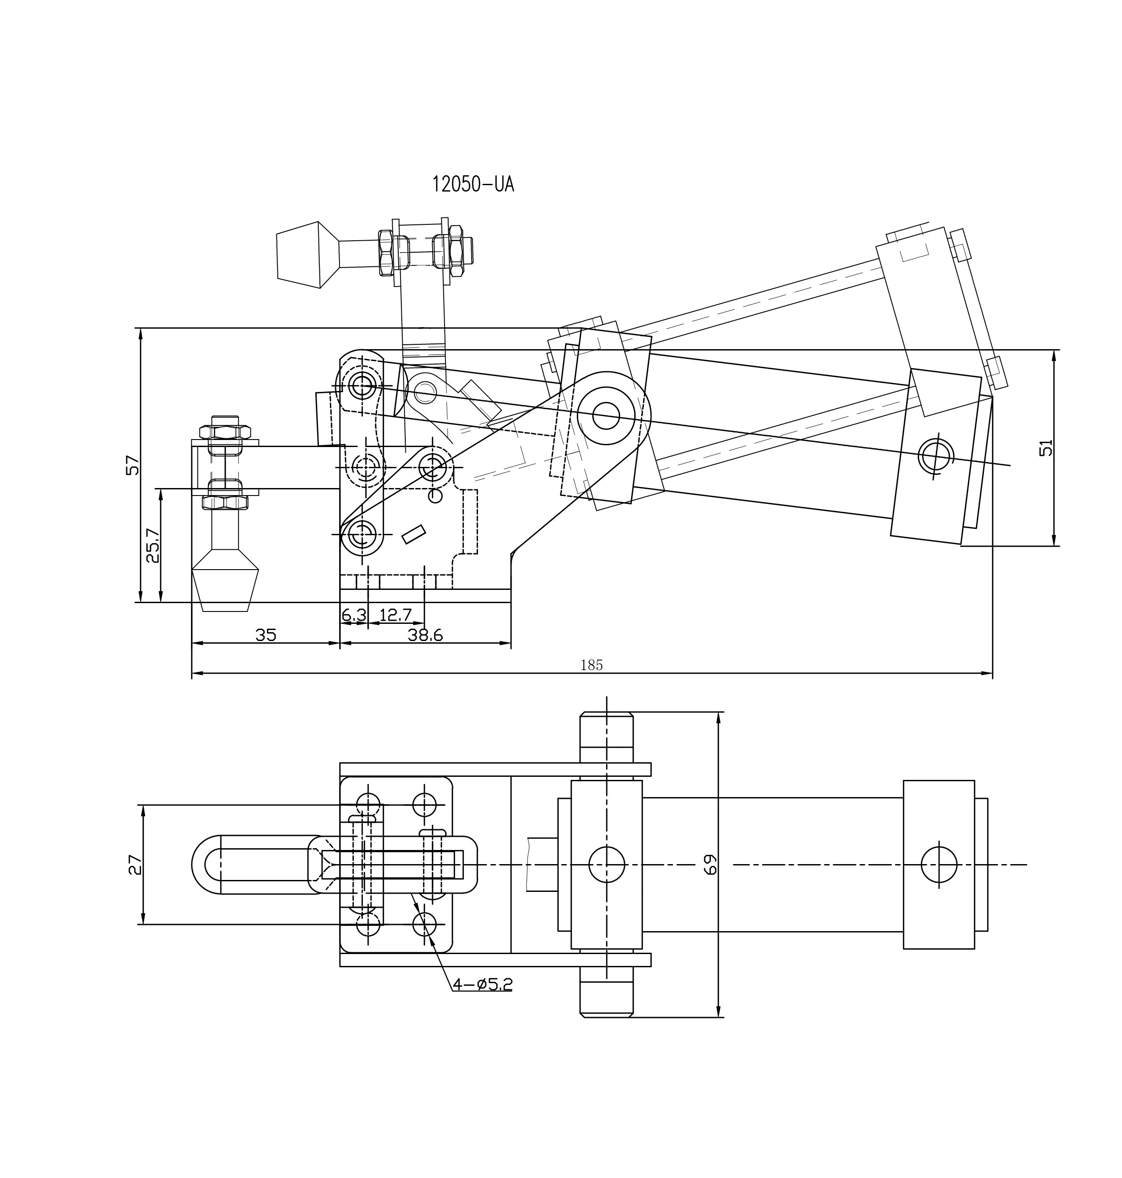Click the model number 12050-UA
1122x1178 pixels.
473,185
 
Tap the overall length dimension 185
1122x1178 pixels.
591,665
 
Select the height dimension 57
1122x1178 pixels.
133,465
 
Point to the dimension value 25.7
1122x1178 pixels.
153,545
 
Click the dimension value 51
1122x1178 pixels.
1045,447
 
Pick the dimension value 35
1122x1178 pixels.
266,635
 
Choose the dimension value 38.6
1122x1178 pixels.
425,635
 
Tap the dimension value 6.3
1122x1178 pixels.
353,614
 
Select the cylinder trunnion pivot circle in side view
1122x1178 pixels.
606,416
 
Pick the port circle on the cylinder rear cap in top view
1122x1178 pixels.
939,865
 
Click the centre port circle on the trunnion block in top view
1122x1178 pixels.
606,865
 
